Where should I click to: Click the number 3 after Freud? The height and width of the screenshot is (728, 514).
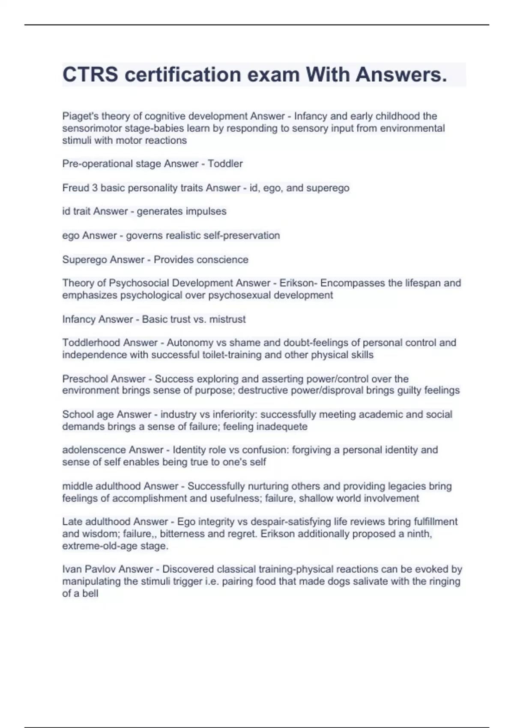click(95, 188)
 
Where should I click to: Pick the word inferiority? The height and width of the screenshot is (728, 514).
click(235, 414)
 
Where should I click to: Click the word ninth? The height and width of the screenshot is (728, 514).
click(418, 534)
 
